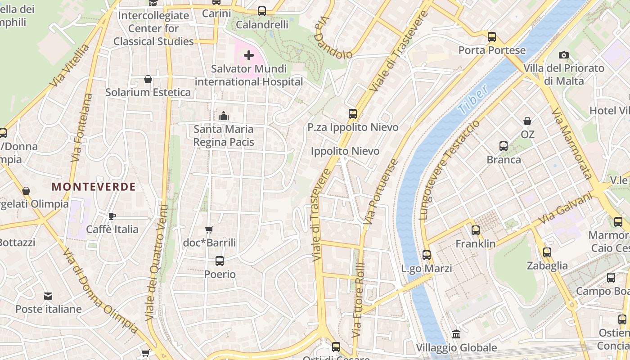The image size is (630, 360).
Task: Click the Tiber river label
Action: click(472, 99)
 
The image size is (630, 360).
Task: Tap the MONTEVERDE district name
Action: click(94, 187)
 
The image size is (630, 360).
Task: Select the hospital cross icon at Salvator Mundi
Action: click(249, 55)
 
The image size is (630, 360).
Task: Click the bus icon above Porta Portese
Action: click(492, 37)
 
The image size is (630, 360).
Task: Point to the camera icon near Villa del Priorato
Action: click(563, 55)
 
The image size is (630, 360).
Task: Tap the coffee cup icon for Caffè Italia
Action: click(112, 216)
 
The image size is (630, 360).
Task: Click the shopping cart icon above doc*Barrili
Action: click(209, 230)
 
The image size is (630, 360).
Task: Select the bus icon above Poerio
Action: click(220, 261)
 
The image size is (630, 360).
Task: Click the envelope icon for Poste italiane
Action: click(48, 296)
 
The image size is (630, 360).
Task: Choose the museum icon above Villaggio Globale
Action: click(456, 334)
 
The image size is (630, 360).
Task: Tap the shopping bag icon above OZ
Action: click(527, 121)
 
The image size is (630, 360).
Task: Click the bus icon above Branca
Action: click(504, 146)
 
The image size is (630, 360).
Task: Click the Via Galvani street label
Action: click(565, 209)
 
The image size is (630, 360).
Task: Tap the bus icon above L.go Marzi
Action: click(427, 255)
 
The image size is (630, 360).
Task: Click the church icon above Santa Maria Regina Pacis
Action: click(224, 116)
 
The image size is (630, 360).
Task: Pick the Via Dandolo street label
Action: click(333, 38)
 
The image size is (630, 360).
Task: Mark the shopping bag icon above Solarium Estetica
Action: click(148, 80)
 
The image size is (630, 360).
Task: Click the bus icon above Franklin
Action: click(476, 230)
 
